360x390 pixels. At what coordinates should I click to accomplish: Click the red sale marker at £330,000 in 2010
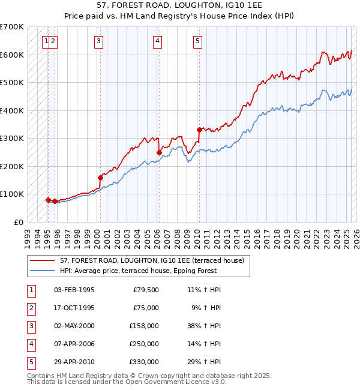[x=199, y=129]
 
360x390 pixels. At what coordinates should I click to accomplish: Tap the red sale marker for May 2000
[x=100, y=178]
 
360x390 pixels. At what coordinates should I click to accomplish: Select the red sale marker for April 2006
[x=159, y=152]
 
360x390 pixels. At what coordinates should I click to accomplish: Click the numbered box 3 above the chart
[x=98, y=41]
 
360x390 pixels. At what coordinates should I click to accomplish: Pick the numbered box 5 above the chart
[x=197, y=41]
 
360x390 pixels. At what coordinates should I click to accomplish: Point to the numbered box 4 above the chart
[x=157, y=41]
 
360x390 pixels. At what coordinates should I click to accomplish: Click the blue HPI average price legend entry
[x=154, y=271]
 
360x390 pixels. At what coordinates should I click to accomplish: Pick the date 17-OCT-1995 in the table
[x=74, y=308]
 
